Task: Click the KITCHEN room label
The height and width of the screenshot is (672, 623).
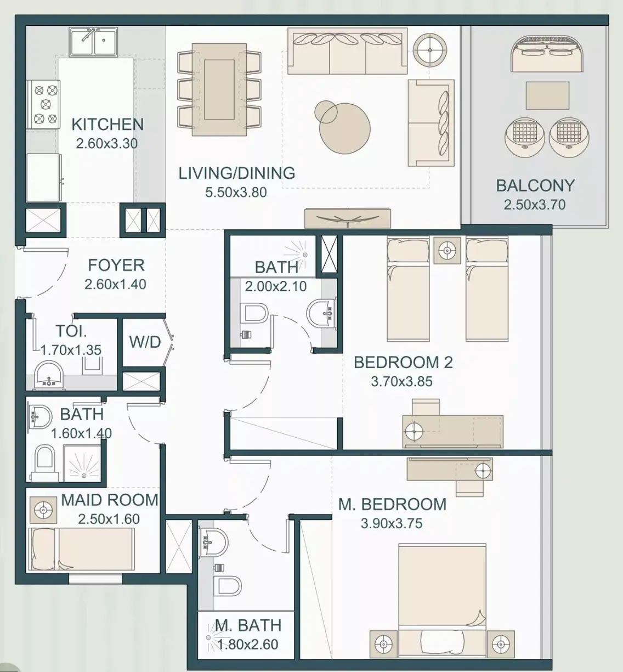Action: click(107, 125)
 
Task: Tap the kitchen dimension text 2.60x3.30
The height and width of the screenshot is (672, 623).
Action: click(106, 144)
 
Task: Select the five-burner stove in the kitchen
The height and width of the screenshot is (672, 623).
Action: click(44, 105)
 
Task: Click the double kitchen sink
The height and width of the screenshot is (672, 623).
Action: click(93, 42)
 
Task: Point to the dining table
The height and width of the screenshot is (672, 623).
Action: click(219, 89)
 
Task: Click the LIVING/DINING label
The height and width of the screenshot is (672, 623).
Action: click(236, 173)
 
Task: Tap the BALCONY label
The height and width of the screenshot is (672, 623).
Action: click(535, 185)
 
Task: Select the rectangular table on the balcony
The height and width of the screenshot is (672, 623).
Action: click(547, 95)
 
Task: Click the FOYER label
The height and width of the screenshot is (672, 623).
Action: click(116, 266)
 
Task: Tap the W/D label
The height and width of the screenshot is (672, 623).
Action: click(145, 342)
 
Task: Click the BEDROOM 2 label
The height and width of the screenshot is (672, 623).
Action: click(403, 363)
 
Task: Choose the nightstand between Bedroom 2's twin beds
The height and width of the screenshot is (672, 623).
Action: click(447, 250)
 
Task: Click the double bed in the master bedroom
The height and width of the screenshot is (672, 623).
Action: click(442, 603)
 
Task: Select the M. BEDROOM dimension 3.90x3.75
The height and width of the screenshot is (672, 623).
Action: click(391, 523)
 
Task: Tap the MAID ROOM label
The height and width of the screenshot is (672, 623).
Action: click(110, 500)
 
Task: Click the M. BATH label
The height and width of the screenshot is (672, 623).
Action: click(248, 625)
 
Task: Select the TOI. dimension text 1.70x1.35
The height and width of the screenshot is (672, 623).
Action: click(71, 350)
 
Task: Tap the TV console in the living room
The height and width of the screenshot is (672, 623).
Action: click(348, 218)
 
